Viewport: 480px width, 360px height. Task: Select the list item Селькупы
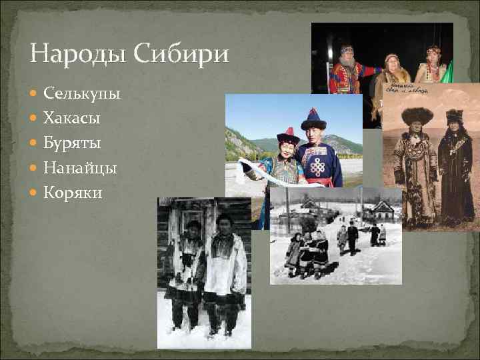click(81, 94)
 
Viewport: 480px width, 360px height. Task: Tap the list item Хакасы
click(72, 119)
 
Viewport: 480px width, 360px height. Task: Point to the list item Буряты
click(72, 143)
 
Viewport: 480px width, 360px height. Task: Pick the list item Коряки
click(73, 193)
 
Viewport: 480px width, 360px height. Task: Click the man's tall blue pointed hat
click(313, 119)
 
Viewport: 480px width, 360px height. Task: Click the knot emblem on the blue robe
click(317, 165)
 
